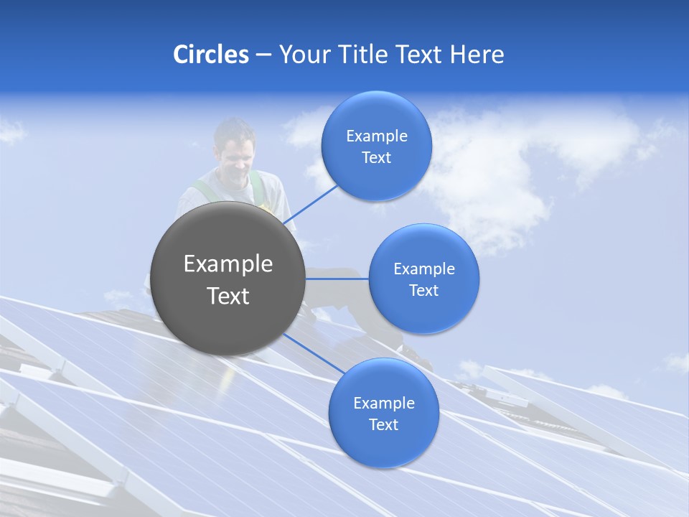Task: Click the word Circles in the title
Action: click(210, 55)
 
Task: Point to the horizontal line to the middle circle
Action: click(336, 279)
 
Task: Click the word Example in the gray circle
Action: click(228, 264)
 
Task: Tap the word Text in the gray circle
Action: click(228, 296)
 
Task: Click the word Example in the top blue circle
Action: click(376, 136)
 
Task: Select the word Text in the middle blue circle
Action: click(423, 291)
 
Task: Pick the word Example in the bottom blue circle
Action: click(383, 404)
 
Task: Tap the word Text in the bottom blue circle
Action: click(383, 425)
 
